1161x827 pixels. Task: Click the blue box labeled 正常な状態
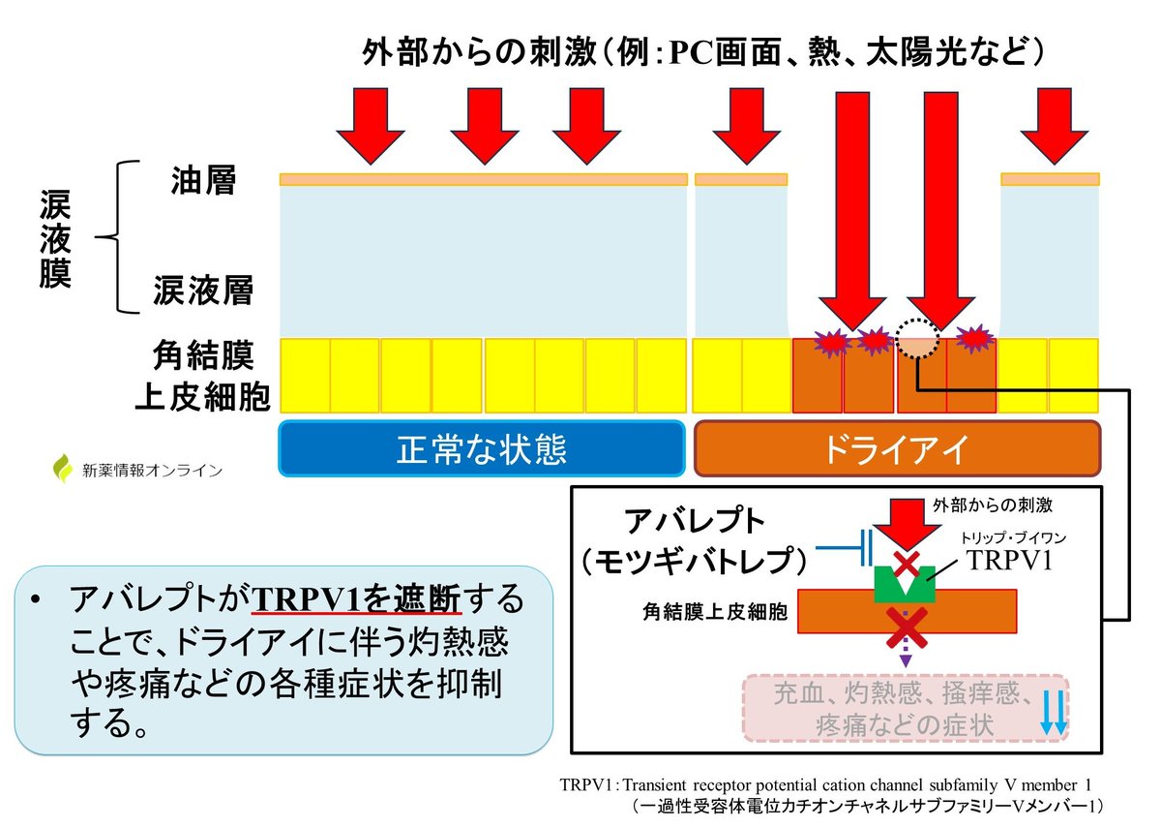(x=482, y=448)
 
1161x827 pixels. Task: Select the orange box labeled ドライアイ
(x=897, y=448)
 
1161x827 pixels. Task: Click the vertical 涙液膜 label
(x=55, y=238)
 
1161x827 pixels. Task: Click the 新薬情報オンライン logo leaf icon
(x=64, y=469)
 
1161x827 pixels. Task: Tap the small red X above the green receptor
(x=906, y=563)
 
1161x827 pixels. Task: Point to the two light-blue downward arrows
(x=1055, y=715)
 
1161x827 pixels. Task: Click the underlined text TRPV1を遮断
(x=357, y=600)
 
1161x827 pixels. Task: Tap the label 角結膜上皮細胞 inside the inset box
(x=714, y=612)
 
